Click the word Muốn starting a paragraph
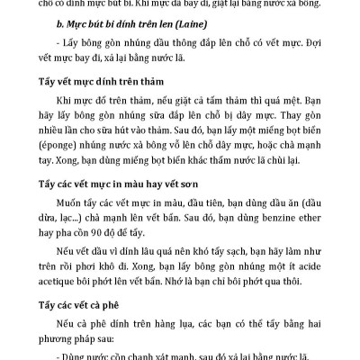tap(71, 205)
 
